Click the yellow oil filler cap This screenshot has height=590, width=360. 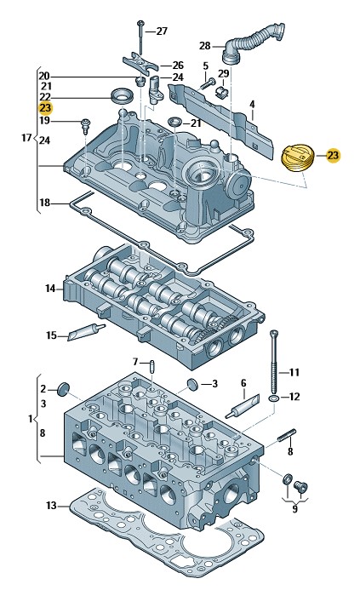pyautogui.click(x=297, y=159)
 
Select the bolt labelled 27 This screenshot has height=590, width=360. pyautogui.click(x=140, y=37)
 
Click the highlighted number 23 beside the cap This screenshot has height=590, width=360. pyautogui.click(x=333, y=156)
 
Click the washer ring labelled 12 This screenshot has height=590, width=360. pyautogui.click(x=274, y=398)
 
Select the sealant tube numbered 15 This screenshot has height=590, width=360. pyautogui.click(x=86, y=331)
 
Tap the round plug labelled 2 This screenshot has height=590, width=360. pyautogui.click(x=63, y=389)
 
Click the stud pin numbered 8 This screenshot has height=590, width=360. pyautogui.click(x=287, y=435)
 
